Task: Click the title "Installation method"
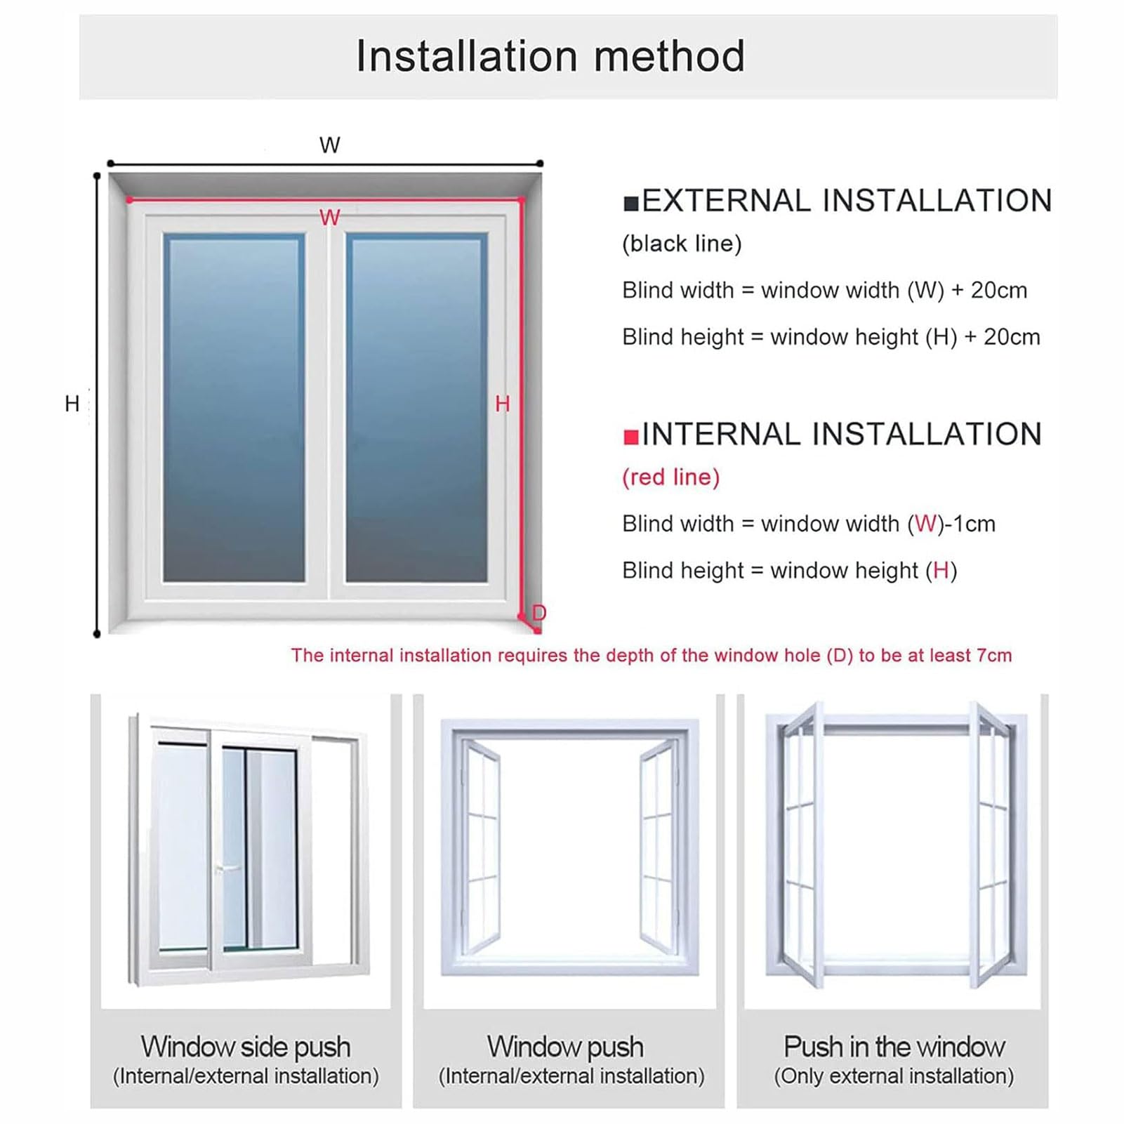pyautogui.click(x=550, y=56)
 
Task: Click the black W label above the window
pyautogui.click(x=329, y=145)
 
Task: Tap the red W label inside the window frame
pyautogui.click(x=329, y=218)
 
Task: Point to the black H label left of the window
pyautogui.click(x=72, y=404)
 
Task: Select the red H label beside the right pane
pyautogui.click(x=502, y=404)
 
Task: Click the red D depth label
pyautogui.click(x=538, y=612)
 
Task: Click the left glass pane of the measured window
pyautogui.click(x=234, y=408)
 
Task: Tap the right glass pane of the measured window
pyautogui.click(x=416, y=408)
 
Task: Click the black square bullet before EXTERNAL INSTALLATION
pyautogui.click(x=630, y=204)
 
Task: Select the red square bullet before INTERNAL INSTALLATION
pyautogui.click(x=630, y=437)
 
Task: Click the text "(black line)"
pyautogui.click(x=682, y=244)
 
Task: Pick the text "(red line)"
pyautogui.click(x=671, y=477)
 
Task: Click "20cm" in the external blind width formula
pyautogui.click(x=999, y=290)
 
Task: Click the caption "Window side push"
pyautogui.click(x=246, y=1047)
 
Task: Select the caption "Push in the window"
pyautogui.click(x=894, y=1047)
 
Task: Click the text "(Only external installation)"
pyautogui.click(x=894, y=1076)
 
